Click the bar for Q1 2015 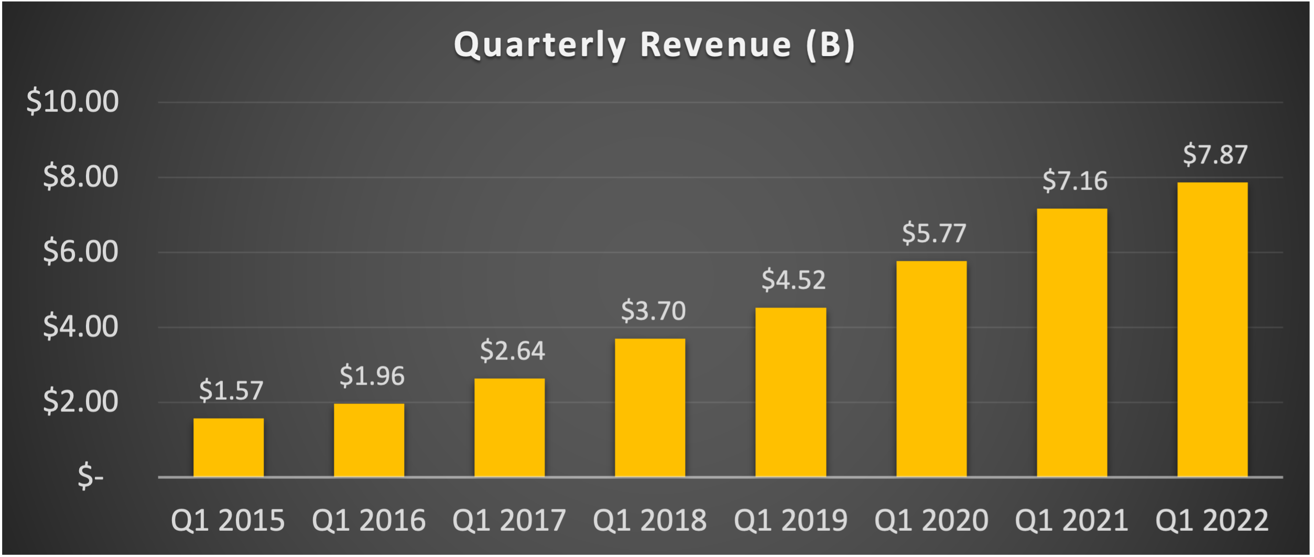229,447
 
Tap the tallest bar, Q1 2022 1212,330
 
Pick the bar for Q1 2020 931,369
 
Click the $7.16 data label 1074,181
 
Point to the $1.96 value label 372,376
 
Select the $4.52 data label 794,280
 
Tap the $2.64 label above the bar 512,351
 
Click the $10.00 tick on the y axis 72,102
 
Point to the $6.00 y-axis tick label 80,252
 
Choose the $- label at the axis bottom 90,477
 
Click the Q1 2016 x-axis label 368,520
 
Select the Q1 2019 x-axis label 790,520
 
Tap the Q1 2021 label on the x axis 1071,520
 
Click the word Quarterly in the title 540,45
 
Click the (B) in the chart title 831,45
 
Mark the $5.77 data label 934,234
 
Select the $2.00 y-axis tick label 80,402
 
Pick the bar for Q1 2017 509,428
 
